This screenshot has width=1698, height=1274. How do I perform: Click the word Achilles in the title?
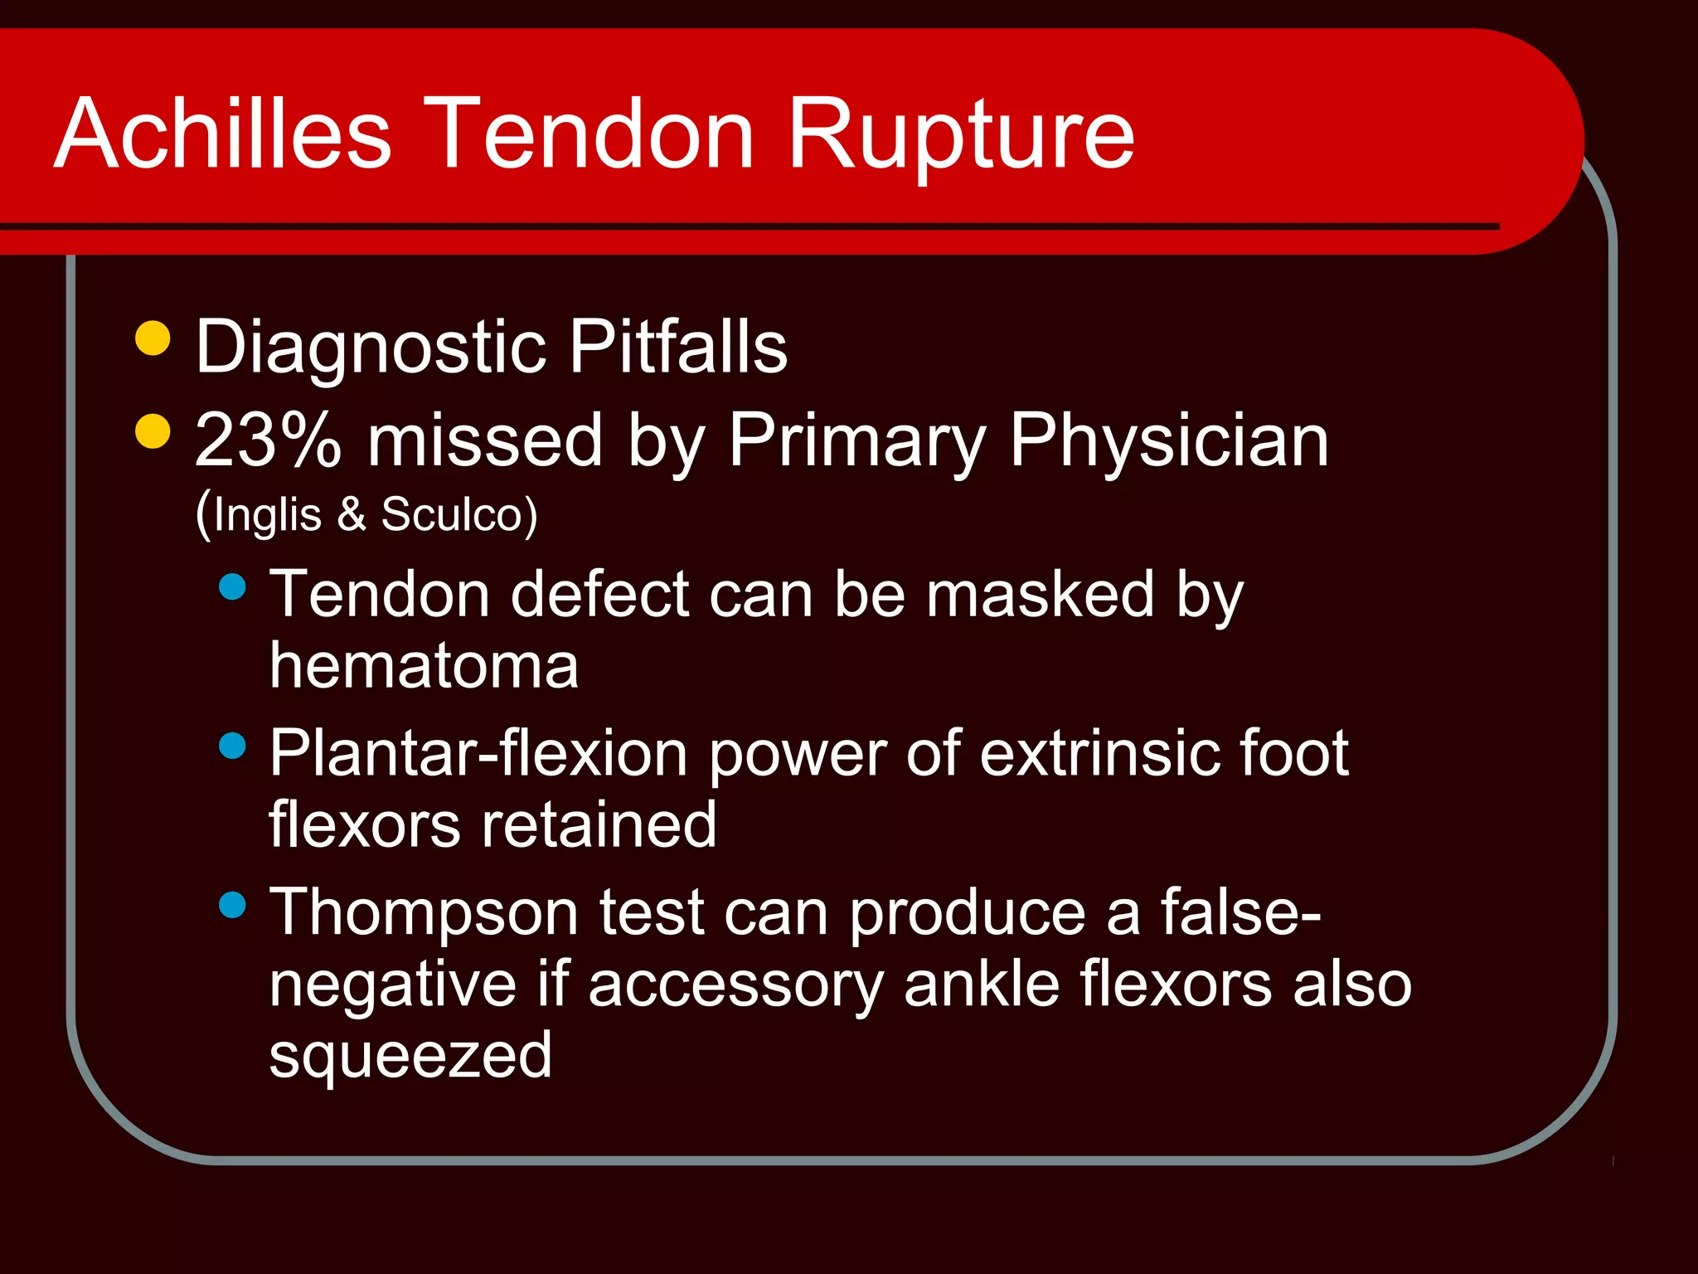point(222,133)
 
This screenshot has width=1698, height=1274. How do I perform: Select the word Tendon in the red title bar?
point(592,133)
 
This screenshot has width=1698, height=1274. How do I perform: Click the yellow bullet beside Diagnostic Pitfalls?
point(153,338)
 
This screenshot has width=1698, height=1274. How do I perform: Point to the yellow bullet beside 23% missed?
point(153,431)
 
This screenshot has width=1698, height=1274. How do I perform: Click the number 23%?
point(268,440)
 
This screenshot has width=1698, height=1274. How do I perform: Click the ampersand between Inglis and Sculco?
point(352,514)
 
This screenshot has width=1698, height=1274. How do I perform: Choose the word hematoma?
point(424,665)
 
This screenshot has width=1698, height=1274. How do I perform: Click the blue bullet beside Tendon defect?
point(233,587)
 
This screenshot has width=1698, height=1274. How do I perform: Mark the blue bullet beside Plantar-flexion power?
point(233,746)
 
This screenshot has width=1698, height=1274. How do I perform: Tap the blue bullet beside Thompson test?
point(233,904)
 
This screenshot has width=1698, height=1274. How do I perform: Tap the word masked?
point(1040,594)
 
